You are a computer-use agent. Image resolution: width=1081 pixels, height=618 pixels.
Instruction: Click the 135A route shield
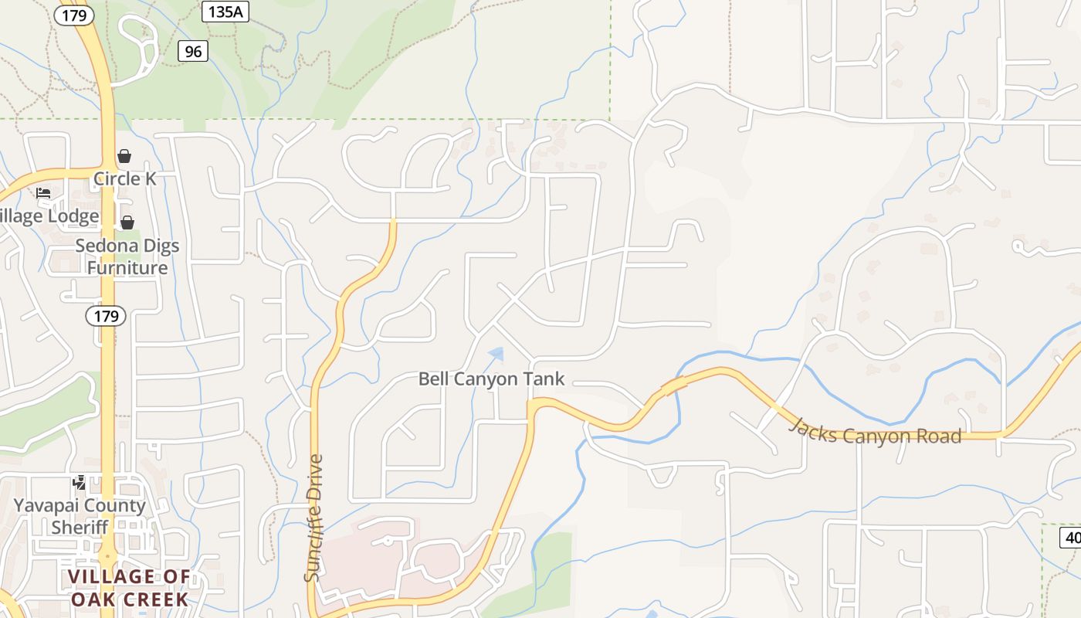pyautogui.click(x=225, y=12)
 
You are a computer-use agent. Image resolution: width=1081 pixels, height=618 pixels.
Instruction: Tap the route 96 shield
pyautogui.click(x=193, y=51)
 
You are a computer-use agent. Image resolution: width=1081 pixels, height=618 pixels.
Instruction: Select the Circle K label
pyautogui.click(x=124, y=179)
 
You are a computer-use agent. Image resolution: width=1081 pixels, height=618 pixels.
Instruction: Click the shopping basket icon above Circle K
pyautogui.click(x=124, y=157)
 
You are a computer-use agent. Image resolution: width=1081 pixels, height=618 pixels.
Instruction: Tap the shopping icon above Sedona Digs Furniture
pyautogui.click(x=127, y=222)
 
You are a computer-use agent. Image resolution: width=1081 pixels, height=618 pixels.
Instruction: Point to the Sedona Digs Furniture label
pyautogui.click(x=127, y=256)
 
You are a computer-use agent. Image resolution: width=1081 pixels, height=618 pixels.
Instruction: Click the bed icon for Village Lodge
pyautogui.click(x=43, y=193)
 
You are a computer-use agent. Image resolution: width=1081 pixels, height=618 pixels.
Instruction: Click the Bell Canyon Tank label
pyautogui.click(x=491, y=379)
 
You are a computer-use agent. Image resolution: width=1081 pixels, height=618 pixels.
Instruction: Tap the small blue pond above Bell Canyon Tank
pyautogui.click(x=496, y=355)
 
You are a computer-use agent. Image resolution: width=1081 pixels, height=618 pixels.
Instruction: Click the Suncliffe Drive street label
pyautogui.click(x=313, y=518)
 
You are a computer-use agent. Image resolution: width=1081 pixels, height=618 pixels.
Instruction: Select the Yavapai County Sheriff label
pyautogui.click(x=80, y=516)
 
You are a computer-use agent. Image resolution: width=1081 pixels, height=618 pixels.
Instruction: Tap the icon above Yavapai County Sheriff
pyautogui.click(x=79, y=483)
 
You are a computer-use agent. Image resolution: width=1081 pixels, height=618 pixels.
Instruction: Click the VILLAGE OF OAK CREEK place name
pyautogui.click(x=129, y=588)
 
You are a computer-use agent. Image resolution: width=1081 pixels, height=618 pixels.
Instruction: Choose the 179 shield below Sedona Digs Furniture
pyautogui.click(x=106, y=316)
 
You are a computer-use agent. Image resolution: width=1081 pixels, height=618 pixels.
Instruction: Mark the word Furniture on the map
pyautogui.click(x=127, y=268)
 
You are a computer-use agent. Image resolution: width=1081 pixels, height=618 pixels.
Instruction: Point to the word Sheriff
pyautogui.click(x=80, y=528)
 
